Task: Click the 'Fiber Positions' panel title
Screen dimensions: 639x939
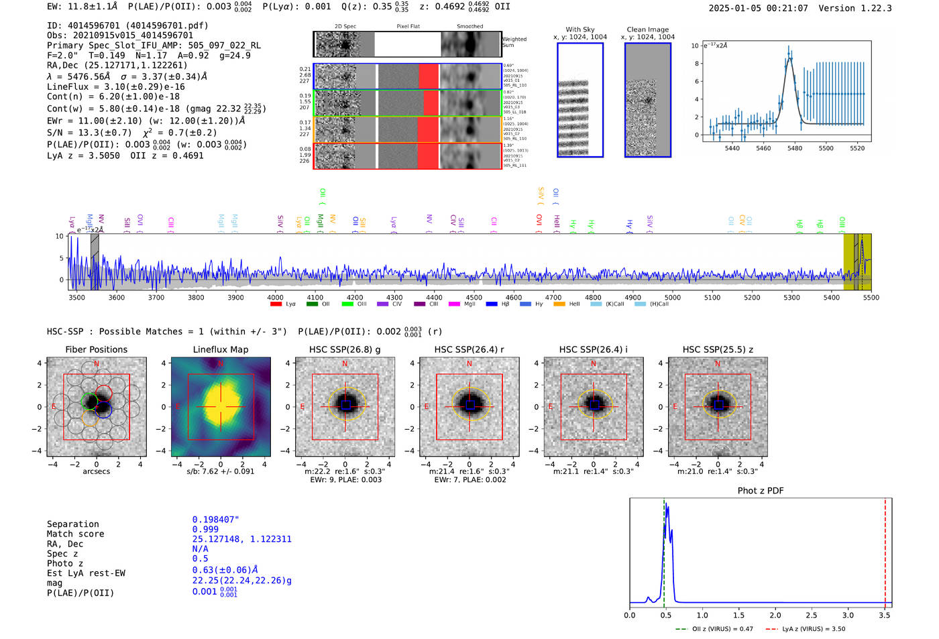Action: tap(96, 349)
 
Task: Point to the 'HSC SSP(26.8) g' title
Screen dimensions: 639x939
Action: tap(345, 349)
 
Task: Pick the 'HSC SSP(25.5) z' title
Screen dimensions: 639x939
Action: tap(718, 349)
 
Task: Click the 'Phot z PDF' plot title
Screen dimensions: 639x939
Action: tap(761, 490)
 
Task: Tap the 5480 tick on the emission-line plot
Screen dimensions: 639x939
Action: tap(795, 148)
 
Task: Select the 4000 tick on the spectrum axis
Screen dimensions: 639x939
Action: tap(275, 297)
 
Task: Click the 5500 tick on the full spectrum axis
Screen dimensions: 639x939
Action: tap(871, 297)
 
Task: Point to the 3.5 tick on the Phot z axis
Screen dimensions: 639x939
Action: tap(885, 615)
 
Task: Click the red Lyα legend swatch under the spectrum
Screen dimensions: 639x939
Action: tap(276, 304)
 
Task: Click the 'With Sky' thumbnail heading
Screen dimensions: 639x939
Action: tap(580, 30)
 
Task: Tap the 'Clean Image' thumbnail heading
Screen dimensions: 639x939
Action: tap(648, 30)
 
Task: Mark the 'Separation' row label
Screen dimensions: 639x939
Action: tap(73, 524)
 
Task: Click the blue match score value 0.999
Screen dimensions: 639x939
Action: tap(205, 529)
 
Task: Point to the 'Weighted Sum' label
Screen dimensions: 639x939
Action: tap(514, 42)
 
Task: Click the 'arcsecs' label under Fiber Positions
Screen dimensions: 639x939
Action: tap(96, 471)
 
